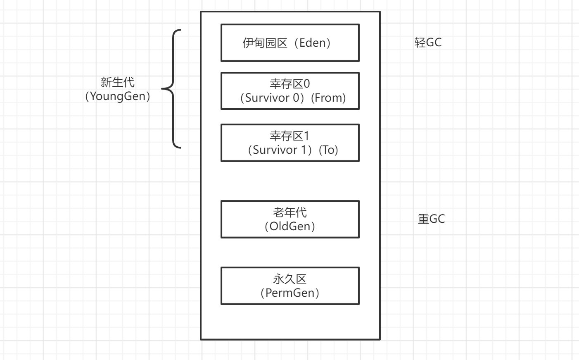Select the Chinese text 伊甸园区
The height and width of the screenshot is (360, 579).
point(265,43)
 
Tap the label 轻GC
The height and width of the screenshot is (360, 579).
point(428,43)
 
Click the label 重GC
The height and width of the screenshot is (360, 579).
point(432,219)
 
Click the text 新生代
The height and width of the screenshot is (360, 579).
point(118,82)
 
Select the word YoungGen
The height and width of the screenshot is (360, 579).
point(118,96)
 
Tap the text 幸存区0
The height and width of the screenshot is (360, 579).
point(290,84)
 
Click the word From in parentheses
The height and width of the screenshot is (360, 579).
point(328,98)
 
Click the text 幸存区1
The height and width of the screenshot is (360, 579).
point(289,136)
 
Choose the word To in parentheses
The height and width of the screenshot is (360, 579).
point(329,150)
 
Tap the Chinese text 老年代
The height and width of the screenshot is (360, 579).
point(290,212)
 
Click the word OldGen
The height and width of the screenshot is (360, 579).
point(290,226)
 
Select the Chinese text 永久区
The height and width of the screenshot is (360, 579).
point(290,279)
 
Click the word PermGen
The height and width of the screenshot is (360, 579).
point(290,293)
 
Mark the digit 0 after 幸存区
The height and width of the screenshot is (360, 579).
point(306,84)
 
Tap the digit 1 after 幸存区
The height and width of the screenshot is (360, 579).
point(306,136)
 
